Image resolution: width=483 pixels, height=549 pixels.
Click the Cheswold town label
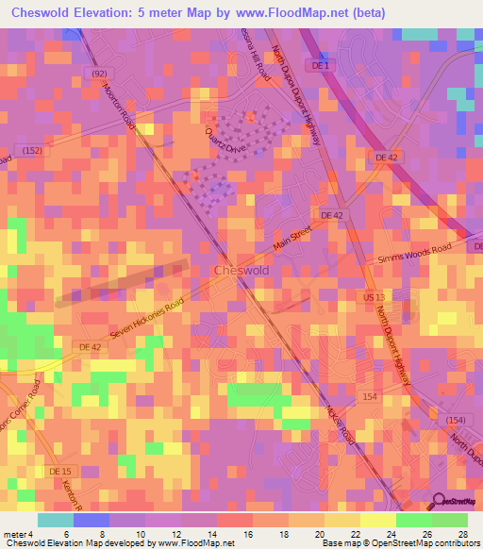[x=242, y=270]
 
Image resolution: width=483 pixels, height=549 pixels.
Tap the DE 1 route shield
[x=322, y=65]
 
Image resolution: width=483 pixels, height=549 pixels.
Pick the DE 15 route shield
[x=59, y=471]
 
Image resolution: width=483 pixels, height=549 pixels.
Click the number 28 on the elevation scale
[x=462, y=534]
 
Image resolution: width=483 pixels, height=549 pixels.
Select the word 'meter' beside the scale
[x=13, y=534]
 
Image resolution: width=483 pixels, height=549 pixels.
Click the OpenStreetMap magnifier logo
[x=438, y=502]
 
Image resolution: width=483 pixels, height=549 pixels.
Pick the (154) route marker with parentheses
[x=456, y=420]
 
